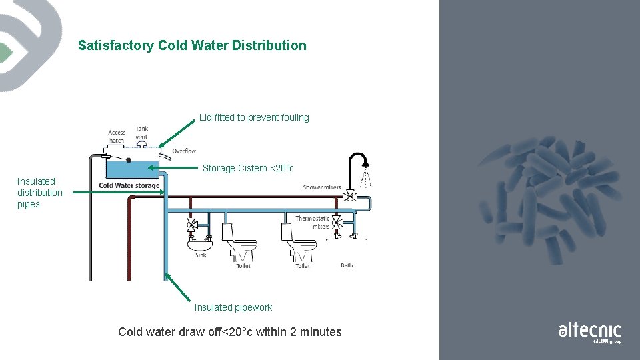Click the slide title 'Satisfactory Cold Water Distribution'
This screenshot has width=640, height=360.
(x=192, y=46)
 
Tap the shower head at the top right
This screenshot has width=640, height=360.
(x=365, y=162)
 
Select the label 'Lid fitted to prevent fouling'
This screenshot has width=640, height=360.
(x=254, y=118)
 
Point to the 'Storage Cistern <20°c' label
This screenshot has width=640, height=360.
(x=248, y=169)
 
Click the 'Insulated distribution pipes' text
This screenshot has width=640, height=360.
(x=39, y=193)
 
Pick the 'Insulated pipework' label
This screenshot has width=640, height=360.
(x=233, y=307)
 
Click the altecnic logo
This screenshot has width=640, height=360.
(x=589, y=331)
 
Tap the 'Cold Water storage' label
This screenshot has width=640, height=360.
(x=129, y=185)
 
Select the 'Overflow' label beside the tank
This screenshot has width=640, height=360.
(x=184, y=151)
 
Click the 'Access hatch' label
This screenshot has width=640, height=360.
(x=117, y=136)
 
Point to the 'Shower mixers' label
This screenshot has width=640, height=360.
(x=321, y=187)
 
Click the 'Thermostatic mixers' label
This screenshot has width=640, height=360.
(x=313, y=223)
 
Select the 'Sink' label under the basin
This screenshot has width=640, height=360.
(x=201, y=255)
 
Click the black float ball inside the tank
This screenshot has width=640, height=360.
(x=129, y=161)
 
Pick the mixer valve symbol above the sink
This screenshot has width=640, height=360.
(x=193, y=225)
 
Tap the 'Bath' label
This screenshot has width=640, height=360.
(x=347, y=265)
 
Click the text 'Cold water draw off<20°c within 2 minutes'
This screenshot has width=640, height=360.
(x=229, y=332)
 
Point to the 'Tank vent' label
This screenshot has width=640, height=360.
(x=142, y=132)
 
